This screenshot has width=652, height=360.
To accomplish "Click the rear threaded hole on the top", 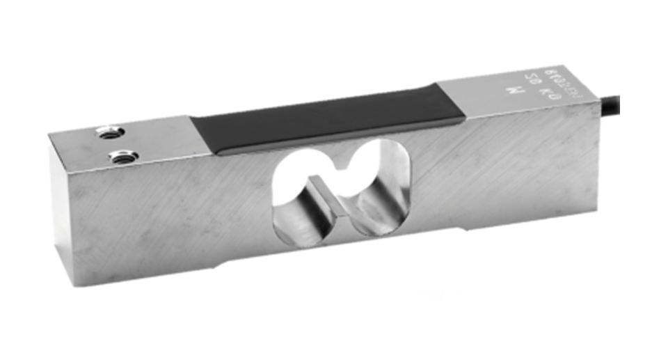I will pos(109,130).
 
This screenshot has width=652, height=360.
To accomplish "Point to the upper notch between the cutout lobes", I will pos(340,167).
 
